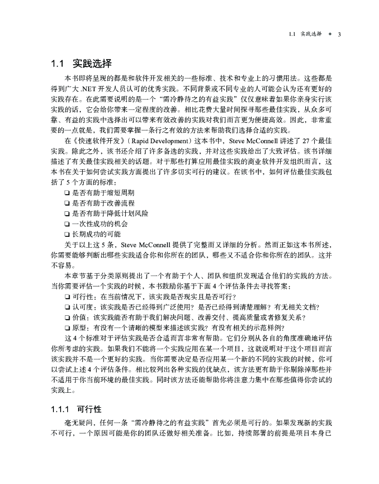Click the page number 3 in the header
[339, 34]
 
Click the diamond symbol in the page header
[330, 34]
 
